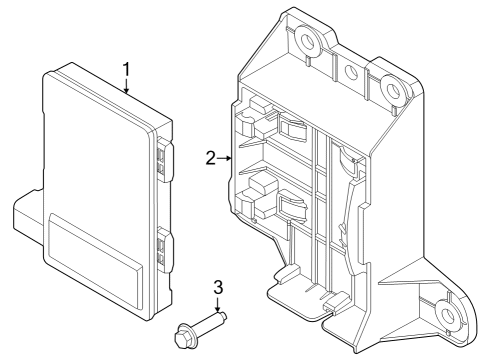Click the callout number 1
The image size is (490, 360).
(126, 69)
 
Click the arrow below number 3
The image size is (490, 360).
(217, 308)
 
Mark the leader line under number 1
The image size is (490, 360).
(127, 86)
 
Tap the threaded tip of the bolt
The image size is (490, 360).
(227, 317)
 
